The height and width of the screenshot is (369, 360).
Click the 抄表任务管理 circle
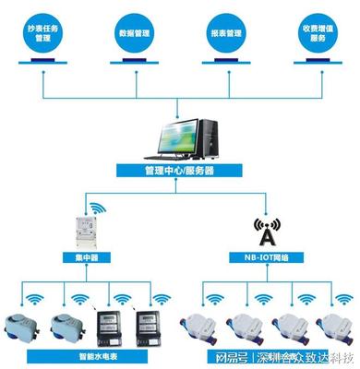click(43, 34)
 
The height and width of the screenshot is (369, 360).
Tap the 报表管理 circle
click(226, 34)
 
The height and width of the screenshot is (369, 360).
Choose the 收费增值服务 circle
click(318, 34)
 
